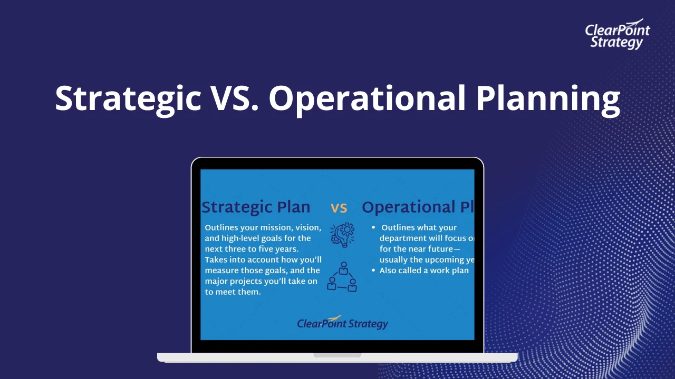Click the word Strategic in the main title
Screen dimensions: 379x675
tap(128, 98)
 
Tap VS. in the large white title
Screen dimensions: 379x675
tap(235, 98)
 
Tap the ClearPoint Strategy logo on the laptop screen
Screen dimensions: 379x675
tap(342, 323)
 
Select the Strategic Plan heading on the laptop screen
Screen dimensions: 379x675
tap(256, 207)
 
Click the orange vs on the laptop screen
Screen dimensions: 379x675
tap(339, 208)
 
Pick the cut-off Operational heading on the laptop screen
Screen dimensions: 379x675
tap(418, 207)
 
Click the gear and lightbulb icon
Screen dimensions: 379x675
tap(342, 235)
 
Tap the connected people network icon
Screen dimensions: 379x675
tap(342, 277)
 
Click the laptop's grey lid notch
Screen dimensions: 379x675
tap(337, 355)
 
